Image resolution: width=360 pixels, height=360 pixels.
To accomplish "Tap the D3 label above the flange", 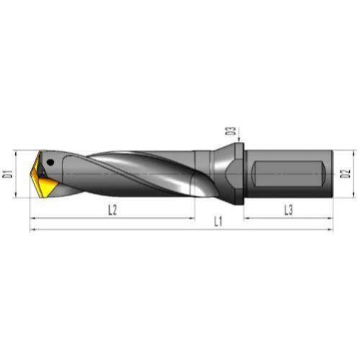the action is pos(232,131).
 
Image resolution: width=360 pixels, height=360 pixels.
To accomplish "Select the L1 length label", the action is pos(218,221).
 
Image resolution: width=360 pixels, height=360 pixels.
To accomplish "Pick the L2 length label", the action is pos(112,210).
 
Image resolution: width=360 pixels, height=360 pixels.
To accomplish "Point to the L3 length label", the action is pos(289,210).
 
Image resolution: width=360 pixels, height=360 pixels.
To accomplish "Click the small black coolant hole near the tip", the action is pos(50,163).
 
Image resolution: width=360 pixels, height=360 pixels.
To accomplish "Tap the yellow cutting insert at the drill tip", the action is pos(45,179).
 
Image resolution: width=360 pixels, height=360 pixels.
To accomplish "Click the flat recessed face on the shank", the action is pos(288,174).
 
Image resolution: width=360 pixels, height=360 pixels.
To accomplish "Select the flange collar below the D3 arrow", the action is pos(239,174).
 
